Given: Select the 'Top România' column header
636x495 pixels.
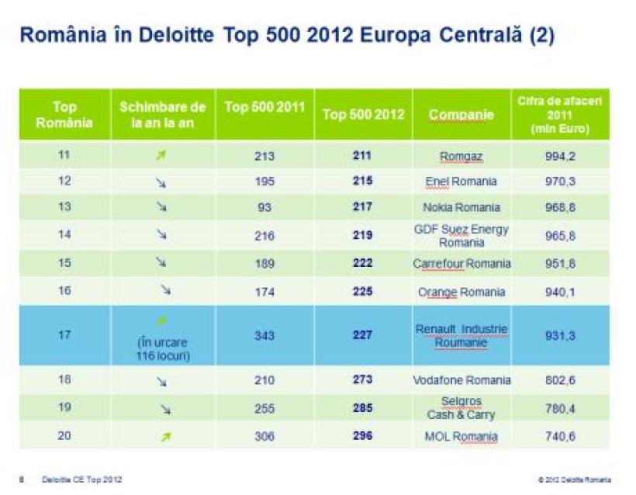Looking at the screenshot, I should (65, 115).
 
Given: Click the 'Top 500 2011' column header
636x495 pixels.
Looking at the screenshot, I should (264, 108).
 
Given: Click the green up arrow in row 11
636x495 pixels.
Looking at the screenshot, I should (161, 156).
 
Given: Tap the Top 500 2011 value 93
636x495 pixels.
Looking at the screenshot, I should (264, 207).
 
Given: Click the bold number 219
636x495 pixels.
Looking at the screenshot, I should (362, 235).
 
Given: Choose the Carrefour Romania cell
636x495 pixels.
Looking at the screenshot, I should (461, 264).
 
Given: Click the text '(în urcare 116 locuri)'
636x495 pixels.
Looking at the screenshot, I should (162, 348).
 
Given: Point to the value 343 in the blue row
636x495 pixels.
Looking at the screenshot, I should (264, 335).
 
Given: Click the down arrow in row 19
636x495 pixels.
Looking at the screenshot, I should (161, 409).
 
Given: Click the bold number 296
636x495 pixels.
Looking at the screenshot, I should (362, 436).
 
